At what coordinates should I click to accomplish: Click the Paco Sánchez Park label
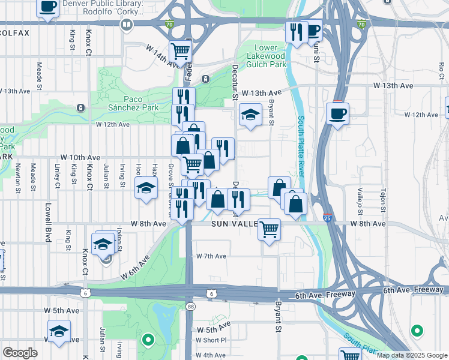pos(130,103)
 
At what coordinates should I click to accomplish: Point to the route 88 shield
pos(191,306)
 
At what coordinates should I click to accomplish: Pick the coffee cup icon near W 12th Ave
pos(337,112)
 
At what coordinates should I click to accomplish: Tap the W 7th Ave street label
pos(211,256)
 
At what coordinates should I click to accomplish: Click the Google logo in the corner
pos(20,352)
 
